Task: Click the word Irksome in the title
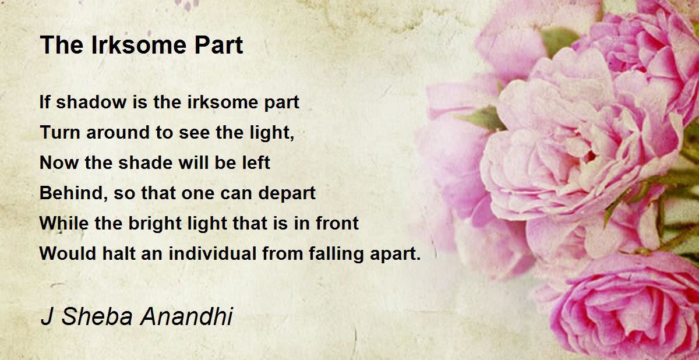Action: click(x=139, y=45)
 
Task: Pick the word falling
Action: click(x=336, y=254)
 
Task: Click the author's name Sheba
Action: click(x=97, y=316)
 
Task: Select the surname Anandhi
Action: click(x=186, y=316)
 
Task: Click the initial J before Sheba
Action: click(x=47, y=316)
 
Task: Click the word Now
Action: click(x=59, y=163)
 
